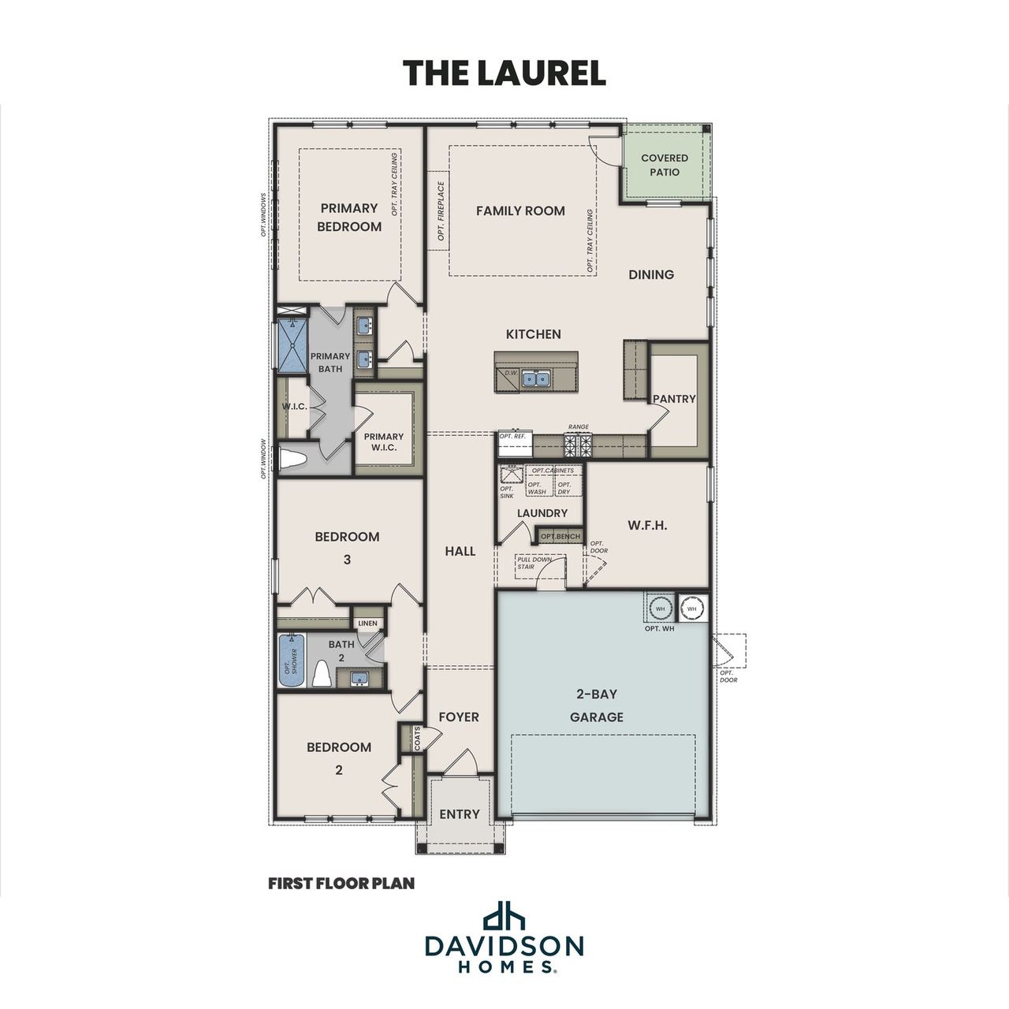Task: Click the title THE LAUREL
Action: (x=504, y=73)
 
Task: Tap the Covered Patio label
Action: (x=664, y=165)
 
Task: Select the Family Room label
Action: (x=520, y=210)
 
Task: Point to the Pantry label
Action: (x=674, y=399)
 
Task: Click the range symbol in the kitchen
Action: (x=578, y=446)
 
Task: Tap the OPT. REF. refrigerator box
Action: (x=515, y=445)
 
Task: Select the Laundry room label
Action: (x=542, y=513)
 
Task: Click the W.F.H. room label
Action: (x=647, y=525)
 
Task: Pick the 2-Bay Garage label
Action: (x=597, y=706)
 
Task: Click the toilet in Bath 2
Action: (x=322, y=674)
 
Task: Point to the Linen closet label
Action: (x=368, y=624)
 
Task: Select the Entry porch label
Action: (x=459, y=814)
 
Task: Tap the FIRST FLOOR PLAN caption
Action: (x=341, y=884)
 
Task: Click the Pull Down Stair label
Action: (x=534, y=563)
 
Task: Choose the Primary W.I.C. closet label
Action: (x=384, y=441)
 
